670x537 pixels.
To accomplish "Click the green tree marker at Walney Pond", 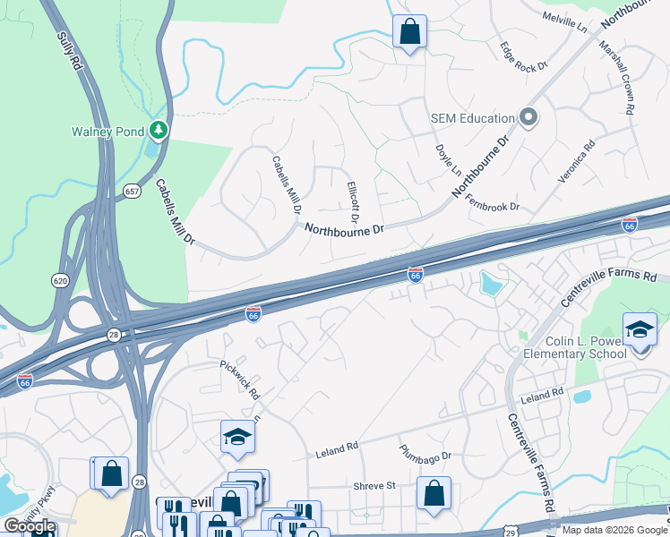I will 159,131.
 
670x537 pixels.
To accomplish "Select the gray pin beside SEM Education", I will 528,118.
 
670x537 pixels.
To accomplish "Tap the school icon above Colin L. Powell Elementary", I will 640,330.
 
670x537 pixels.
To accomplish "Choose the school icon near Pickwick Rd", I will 237,437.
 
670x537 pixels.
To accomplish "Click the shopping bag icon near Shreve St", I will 434,493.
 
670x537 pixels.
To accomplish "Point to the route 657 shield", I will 133,192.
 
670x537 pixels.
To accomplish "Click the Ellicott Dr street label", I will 353,202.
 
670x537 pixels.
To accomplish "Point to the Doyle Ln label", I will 448,160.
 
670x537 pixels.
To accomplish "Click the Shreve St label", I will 374,486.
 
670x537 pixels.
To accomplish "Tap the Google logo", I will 30,526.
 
